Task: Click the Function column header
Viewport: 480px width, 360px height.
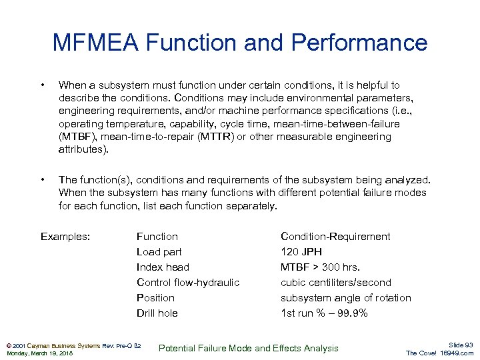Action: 157,237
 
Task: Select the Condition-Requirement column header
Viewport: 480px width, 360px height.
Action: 335,237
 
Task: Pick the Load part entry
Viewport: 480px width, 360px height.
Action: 159,252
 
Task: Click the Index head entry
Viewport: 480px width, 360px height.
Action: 163,267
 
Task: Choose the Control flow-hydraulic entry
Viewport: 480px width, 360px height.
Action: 187,283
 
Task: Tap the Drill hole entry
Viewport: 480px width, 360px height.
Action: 157,313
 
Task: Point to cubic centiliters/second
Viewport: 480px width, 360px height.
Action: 335,283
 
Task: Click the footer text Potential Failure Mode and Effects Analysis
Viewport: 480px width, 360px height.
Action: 249,348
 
